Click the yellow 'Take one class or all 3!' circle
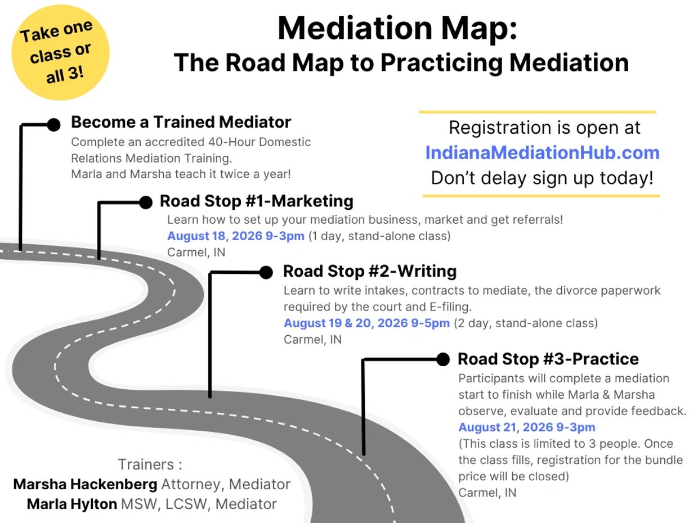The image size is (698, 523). tap(60, 53)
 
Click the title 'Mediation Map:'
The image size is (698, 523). tap(397, 28)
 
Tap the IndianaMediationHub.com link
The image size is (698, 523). tap(542, 153)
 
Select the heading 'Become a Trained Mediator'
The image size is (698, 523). tap(181, 122)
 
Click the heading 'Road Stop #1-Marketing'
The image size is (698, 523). tap(256, 201)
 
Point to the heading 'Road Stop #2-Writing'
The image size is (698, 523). tap(369, 271)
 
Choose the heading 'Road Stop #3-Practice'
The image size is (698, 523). tap(548, 359)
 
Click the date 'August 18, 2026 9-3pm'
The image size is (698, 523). tap(236, 236)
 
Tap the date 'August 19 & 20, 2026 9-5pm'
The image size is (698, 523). tap(366, 323)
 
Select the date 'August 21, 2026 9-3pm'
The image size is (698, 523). tap(526, 427)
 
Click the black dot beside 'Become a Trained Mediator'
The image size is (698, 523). tap(54, 125)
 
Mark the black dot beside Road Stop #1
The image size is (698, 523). tap(145, 202)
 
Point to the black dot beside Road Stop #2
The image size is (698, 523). tap(266, 273)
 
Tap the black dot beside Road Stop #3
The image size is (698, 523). tap(443, 359)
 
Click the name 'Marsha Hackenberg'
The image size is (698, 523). tap(86, 484)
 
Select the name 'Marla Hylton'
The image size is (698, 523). tap(72, 504)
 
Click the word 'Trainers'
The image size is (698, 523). tap(146, 465)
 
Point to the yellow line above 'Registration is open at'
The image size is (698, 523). tap(538, 112)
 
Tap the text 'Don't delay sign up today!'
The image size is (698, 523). tap(542, 178)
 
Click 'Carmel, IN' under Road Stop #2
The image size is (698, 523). tap(312, 339)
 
